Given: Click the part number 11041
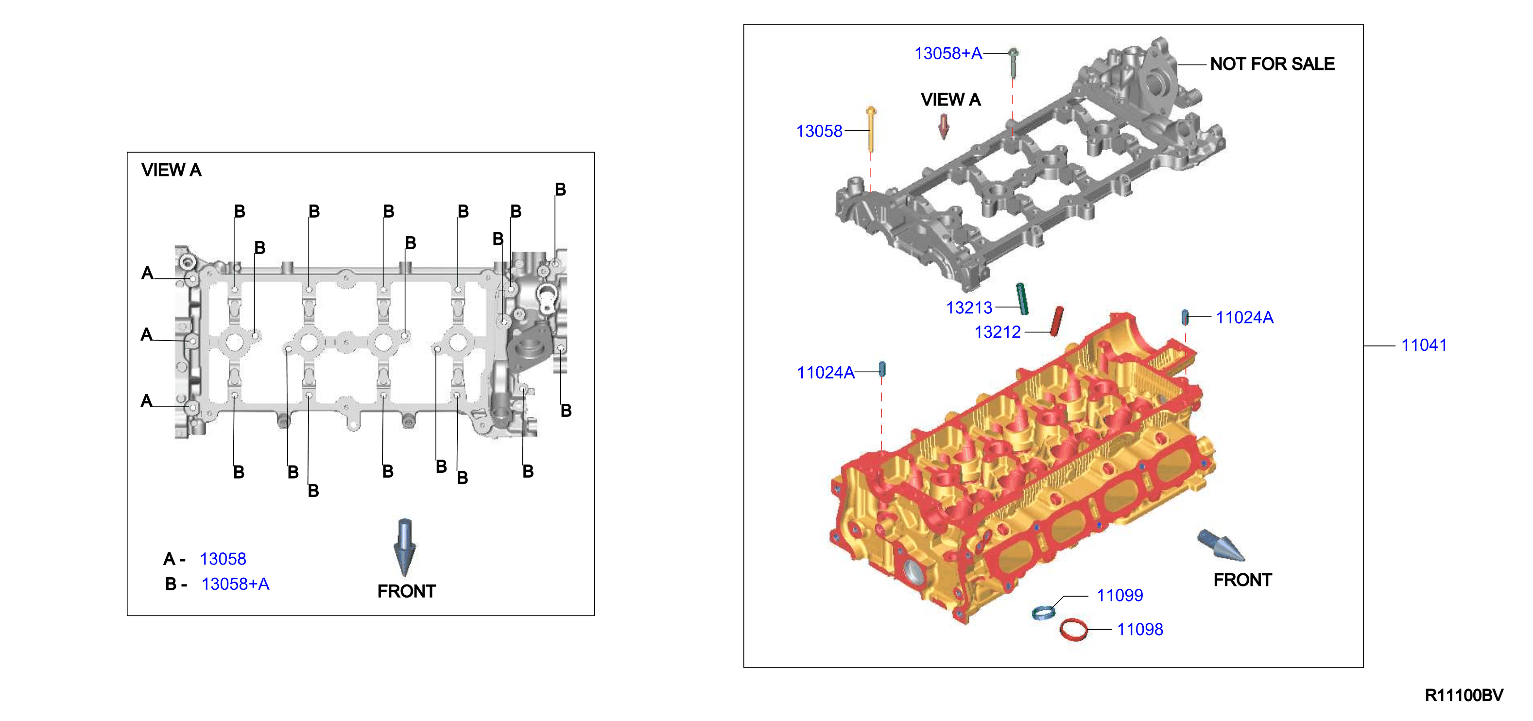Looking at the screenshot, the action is coord(1424,345).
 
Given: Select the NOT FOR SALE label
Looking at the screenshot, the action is coord(1273,64).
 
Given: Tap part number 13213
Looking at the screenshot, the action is coord(969,308).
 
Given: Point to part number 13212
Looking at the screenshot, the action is coord(998,332).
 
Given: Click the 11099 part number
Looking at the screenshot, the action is coord(1120,595).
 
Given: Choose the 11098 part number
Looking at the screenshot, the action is coord(1139,629).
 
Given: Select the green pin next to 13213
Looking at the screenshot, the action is coord(1022,299).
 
